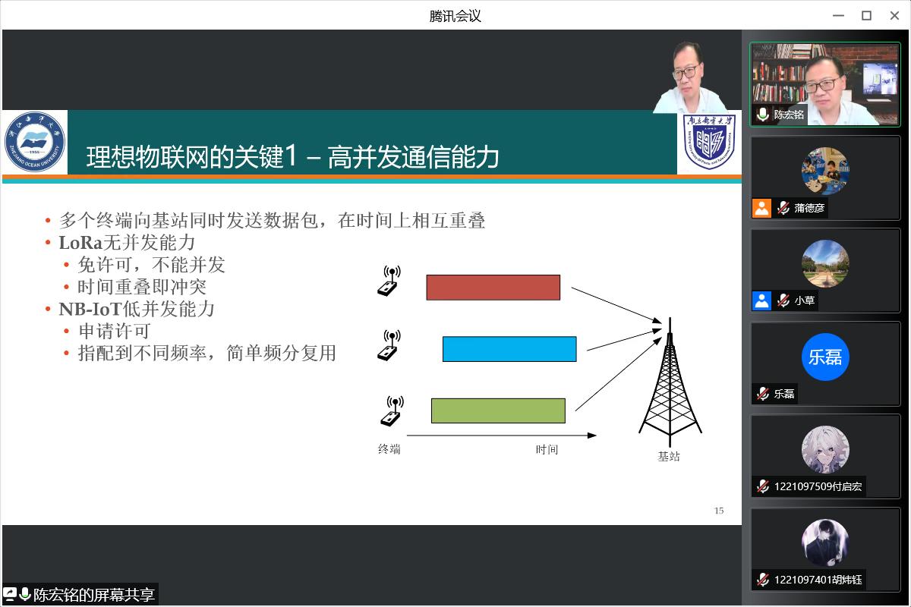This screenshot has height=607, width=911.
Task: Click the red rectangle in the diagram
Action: pos(493,288)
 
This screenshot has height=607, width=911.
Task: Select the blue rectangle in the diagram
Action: pos(509,349)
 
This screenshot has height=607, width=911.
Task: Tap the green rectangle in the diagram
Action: pos(498,410)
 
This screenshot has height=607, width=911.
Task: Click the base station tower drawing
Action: pos(670,382)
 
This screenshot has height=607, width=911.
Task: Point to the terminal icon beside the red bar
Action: pos(389,281)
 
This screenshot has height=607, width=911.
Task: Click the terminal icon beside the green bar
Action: pos(391,410)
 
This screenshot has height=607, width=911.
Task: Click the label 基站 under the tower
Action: pos(669,456)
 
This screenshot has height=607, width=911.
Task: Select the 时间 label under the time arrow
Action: pos(547,449)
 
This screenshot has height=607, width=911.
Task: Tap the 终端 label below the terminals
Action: pos(389,449)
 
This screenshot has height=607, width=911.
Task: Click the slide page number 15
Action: pos(719,511)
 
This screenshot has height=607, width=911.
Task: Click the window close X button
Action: pos(894,16)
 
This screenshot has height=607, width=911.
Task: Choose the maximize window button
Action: pos(866,16)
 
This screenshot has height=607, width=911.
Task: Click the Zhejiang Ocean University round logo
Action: pos(35,142)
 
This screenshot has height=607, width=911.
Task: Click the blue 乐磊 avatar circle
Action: pos(825,357)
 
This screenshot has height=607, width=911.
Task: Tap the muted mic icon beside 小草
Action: pos(783,301)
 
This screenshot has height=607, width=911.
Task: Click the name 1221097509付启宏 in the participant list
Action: pos(818,486)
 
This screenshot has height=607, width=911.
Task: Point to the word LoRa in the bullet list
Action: pos(80,243)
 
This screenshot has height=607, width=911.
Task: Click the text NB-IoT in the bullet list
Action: pos(90,310)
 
